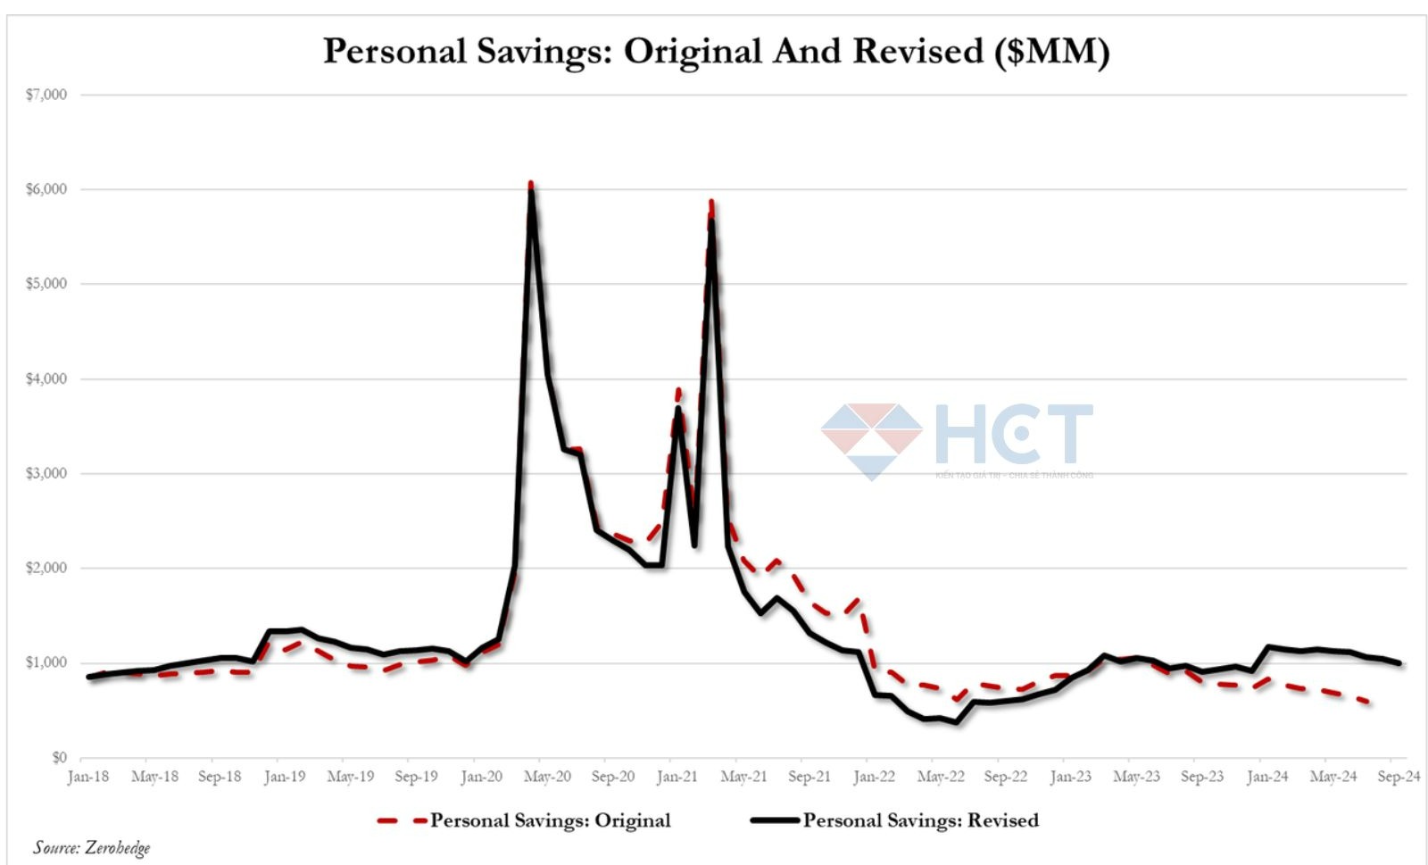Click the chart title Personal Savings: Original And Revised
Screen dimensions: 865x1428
click(716, 51)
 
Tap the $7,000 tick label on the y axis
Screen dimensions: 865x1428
click(46, 95)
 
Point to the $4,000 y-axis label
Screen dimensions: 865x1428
click(46, 378)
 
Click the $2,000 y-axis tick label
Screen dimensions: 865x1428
click(46, 568)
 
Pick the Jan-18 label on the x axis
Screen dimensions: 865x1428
click(87, 777)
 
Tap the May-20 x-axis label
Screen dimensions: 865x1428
click(547, 777)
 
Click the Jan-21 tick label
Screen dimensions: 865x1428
click(677, 777)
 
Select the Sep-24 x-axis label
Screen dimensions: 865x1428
click(1399, 777)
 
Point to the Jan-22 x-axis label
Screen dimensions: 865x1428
click(874, 777)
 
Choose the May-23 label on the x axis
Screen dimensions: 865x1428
click(1136, 777)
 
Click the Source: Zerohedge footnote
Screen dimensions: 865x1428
click(92, 847)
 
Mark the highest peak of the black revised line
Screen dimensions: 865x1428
click(532, 191)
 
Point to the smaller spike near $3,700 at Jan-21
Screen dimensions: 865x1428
click(678, 409)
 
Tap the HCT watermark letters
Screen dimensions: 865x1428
click(1013, 435)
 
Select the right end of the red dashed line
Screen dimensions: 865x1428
click(1369, 703)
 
